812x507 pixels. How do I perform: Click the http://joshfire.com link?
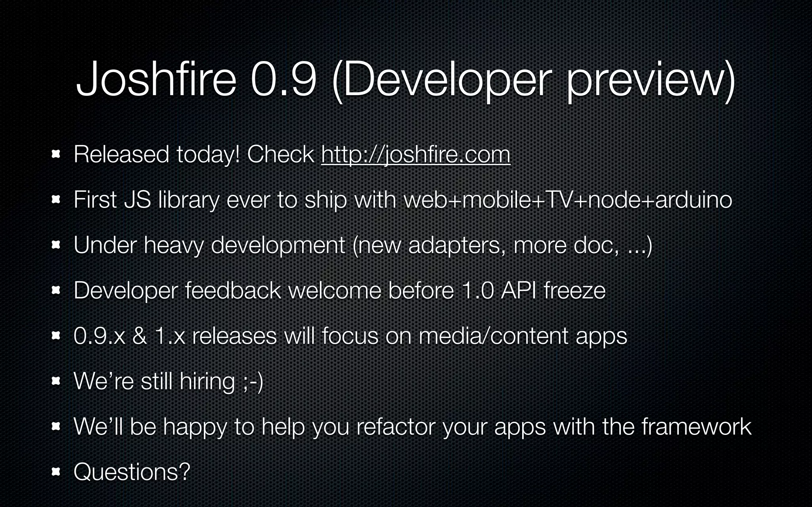[416, 155]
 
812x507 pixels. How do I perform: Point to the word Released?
[121, 154]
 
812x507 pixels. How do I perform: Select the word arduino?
[693, 200]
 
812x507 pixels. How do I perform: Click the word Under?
[105, 245]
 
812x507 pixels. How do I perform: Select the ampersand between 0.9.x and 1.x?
[140, 336]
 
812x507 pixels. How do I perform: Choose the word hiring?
[207, 382]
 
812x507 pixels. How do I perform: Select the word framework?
[696, 427]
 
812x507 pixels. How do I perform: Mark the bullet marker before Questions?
[56, 472]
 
